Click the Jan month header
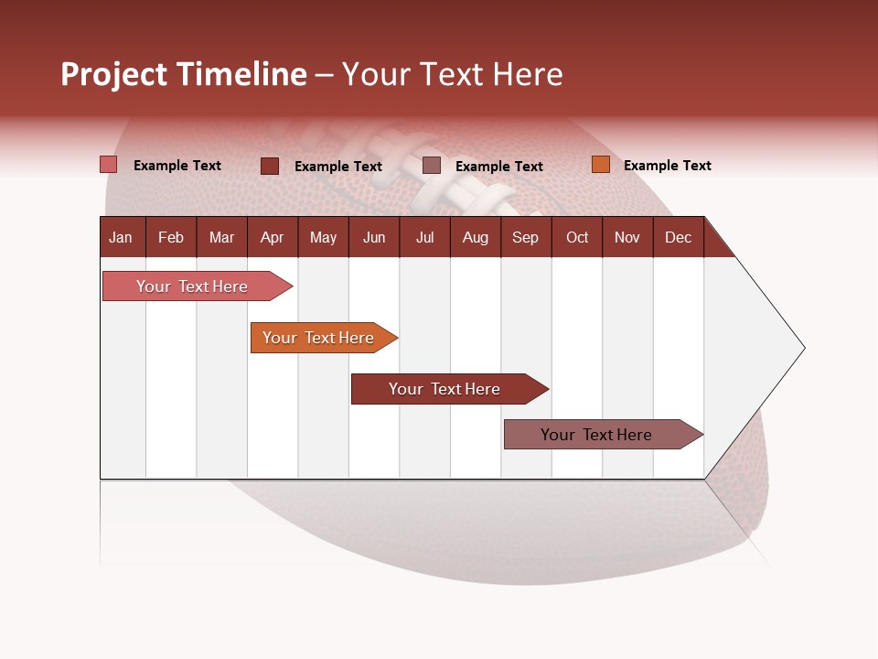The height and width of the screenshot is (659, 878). click(x=121, y=238)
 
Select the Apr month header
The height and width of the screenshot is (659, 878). click(x=272, y=238)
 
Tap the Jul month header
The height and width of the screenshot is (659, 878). click(x=424, y=238)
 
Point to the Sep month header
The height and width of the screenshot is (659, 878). click(x=525, y=238)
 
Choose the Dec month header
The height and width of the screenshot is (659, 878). click(x=678, y=238)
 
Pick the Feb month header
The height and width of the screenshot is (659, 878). click(x=171, y=238)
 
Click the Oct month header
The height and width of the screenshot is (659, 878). click(x=577, y=238)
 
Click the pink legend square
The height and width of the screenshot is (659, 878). click(x=109, y=165)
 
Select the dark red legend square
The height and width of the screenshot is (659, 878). click(x=270, y=166)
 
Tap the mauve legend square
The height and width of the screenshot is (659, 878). click(x=432, y=166)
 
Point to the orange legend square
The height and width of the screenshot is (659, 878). click(x=600, y=165)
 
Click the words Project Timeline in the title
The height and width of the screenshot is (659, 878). click(x=183, y=74)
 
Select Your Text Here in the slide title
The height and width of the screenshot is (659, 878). click(x=452, y=74)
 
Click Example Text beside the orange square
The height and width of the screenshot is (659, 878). click(x=667, y=166)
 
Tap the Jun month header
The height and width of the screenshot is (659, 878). click(x=374, y=238)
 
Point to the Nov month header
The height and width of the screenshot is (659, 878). click(x=627, y=238)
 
